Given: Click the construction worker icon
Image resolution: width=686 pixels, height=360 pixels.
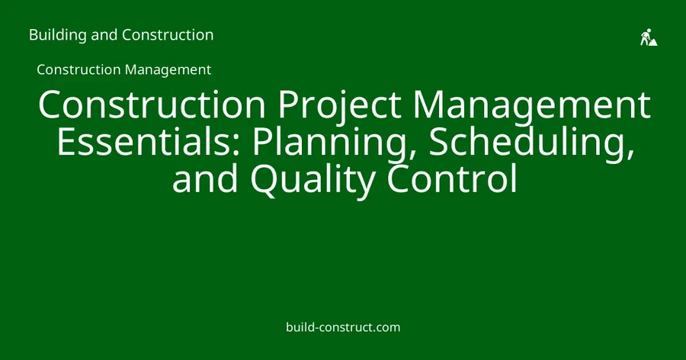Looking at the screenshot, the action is click(649, 37).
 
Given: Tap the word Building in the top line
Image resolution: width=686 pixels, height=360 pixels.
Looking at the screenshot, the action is click(58, 35).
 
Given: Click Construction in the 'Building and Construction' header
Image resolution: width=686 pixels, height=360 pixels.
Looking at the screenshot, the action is click(168, 35).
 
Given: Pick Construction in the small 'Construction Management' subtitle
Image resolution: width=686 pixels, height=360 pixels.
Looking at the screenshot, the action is click(79, 69).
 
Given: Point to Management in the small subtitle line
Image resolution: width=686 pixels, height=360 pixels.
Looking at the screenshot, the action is click(168, 70).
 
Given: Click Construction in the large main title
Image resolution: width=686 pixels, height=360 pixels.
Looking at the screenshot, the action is click(152, 104).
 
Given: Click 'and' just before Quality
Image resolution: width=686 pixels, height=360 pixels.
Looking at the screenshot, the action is click(205, 178).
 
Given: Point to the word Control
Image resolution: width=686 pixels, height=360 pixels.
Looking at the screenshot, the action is click(452, 178).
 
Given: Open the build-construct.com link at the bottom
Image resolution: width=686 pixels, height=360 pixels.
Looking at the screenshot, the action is click(343, 327).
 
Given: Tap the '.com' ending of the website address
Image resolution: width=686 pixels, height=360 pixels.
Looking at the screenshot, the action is click(386, 328).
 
